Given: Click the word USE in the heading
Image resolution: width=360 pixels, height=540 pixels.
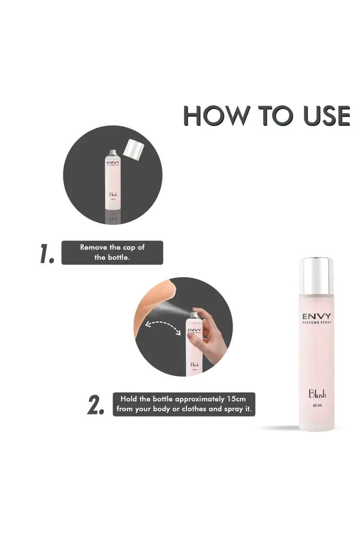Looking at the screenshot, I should [x=326, y=116].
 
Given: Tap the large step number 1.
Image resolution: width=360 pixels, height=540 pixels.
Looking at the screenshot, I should [x=46, y=254].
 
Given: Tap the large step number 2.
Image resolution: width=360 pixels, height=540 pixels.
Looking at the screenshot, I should [x=96, y=405].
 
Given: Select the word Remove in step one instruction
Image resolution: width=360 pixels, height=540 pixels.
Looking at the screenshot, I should [x=94, y=247].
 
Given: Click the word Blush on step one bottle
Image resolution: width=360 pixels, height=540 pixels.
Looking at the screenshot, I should [x=113, y=195].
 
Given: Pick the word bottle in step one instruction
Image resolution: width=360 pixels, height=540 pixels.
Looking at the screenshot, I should [x=118, y=258].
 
